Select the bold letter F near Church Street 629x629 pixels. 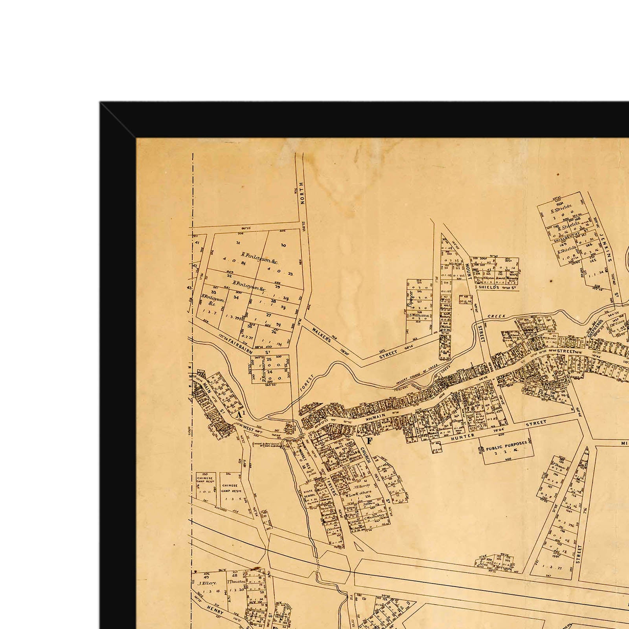[x=369, y=440]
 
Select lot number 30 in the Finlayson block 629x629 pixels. [x=283, y=246]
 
